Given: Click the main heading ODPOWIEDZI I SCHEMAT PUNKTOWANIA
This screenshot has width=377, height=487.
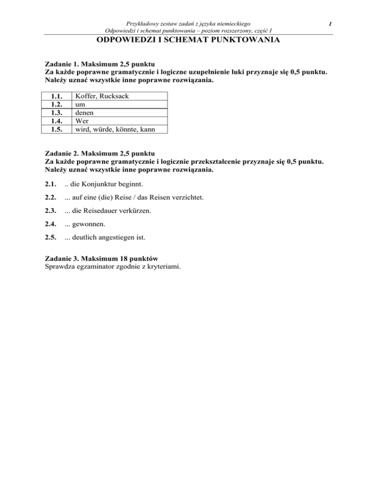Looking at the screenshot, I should pos(188,41).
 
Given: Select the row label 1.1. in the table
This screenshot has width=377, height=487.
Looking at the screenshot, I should pos(58,97).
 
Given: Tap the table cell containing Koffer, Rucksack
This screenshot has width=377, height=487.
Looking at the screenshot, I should pos(102,97).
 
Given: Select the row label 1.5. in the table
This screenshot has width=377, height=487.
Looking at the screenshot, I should pos(58,129).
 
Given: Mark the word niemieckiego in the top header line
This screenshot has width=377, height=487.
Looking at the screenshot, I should pos(230,23).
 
